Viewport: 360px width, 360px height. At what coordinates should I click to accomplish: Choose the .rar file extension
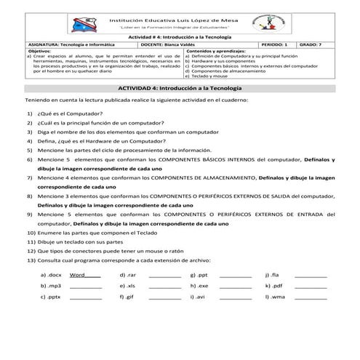point(129,276)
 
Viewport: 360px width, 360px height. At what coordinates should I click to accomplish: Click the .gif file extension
point(129,297)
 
